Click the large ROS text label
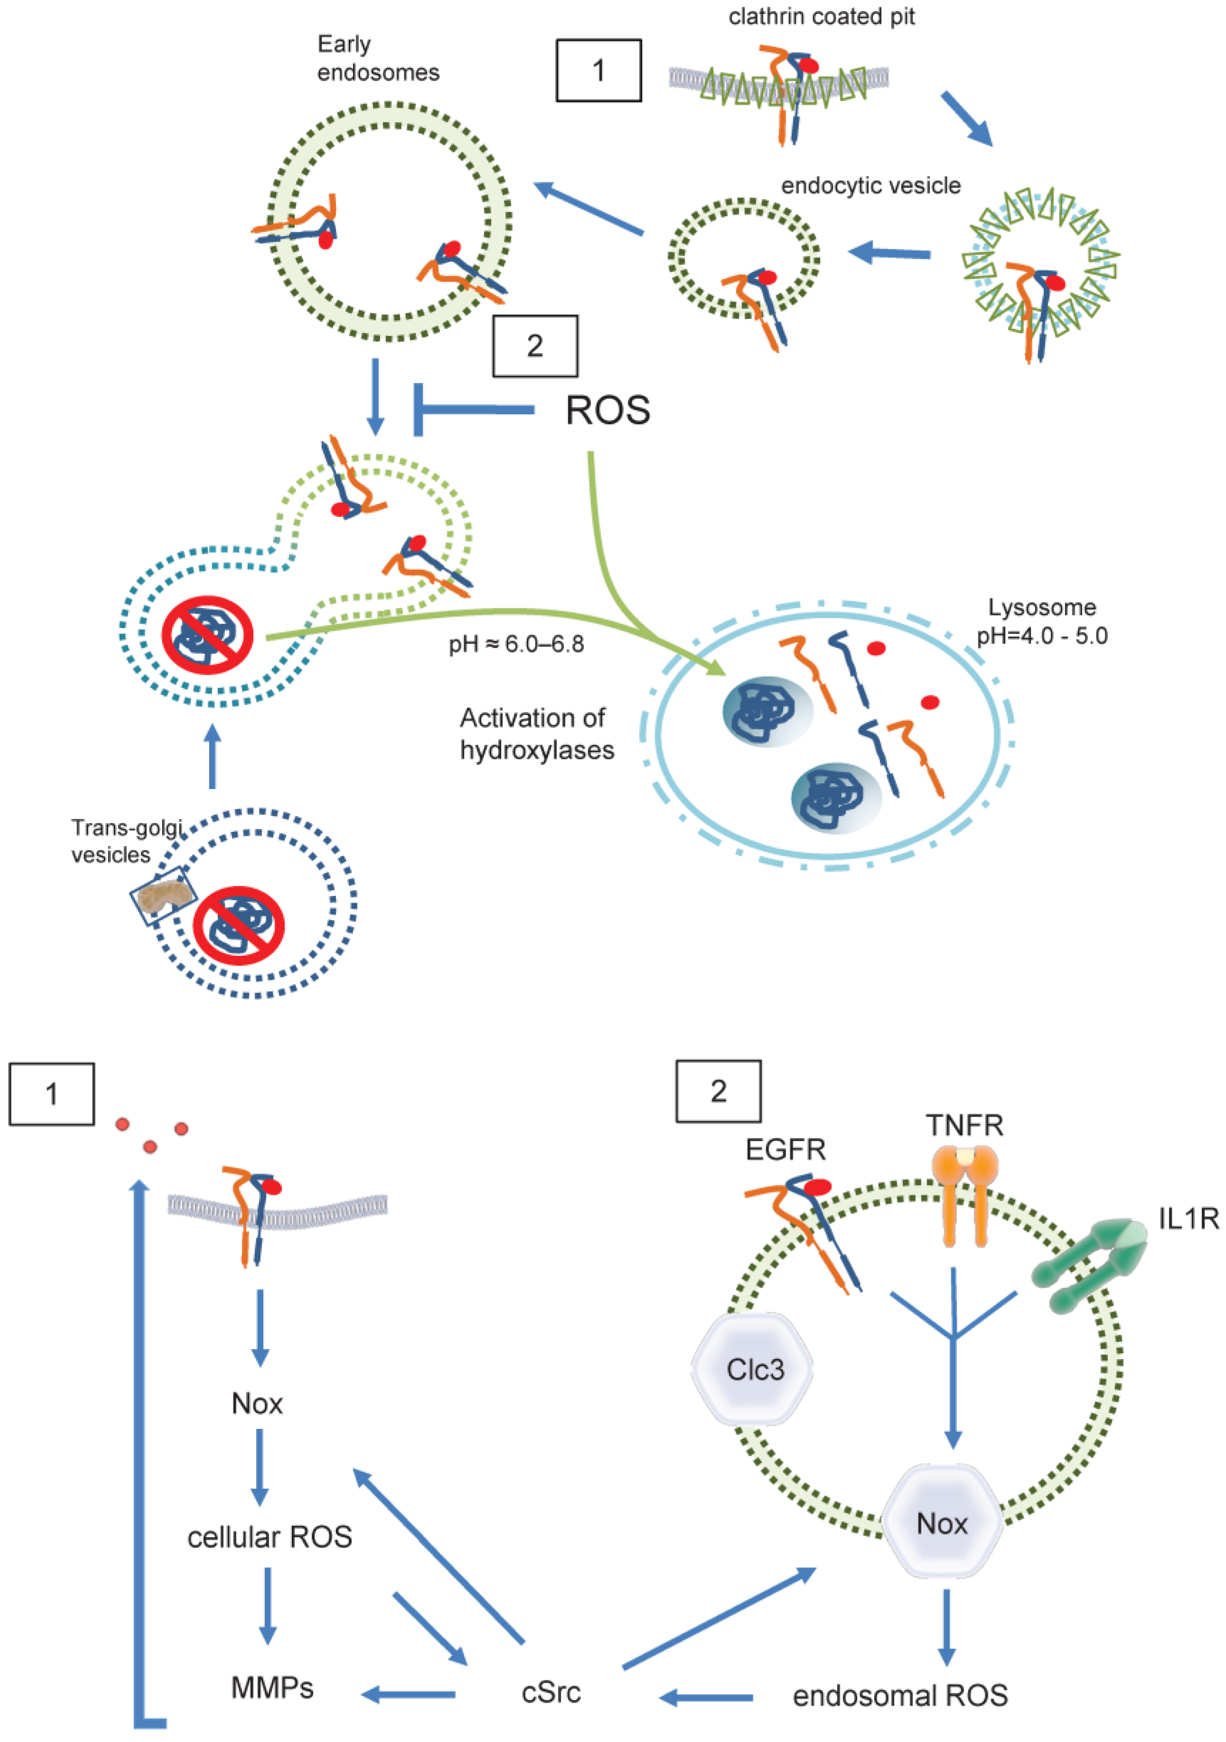coord(608,410)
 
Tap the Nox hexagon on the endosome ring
coord(941,1523)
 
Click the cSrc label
coord(551,1691)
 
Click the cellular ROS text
coord(269,1537)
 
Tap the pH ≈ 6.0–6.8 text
coord(516,644)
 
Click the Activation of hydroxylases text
coord(536,734)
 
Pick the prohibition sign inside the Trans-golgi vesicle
coord(238,925)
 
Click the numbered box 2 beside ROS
coord(535,346)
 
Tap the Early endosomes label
coord(377,58)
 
